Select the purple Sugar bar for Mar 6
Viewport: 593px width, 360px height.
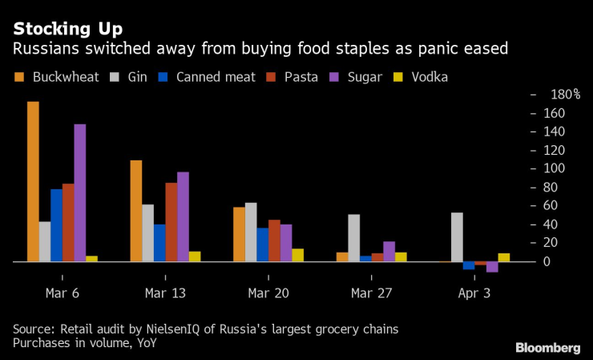point(79,192)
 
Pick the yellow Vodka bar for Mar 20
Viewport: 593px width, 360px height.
point(297,255)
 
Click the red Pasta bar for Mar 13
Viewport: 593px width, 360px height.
point(171,222)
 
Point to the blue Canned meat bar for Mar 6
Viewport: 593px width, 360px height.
point(56,225)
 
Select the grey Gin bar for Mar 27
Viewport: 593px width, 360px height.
point(353,237)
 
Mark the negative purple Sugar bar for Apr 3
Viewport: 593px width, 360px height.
point(492,267)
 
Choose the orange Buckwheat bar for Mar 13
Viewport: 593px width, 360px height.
point(135,211)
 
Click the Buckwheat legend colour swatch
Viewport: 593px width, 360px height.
point(20,78)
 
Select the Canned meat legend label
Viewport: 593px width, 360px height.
point(216,78)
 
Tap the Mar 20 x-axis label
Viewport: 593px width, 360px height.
point(269,294)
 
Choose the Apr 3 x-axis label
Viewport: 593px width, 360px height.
point(475,294)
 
